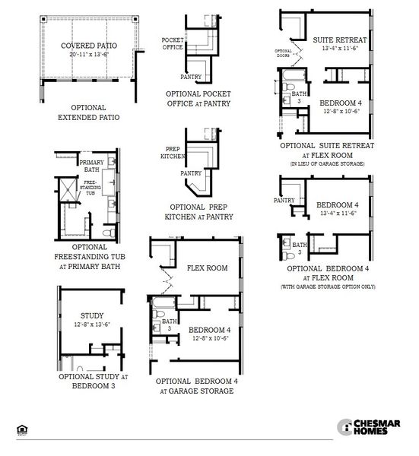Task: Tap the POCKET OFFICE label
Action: tap(173, 43)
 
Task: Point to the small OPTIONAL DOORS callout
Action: tap(283, 53)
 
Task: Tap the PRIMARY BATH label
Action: tap(92, 165)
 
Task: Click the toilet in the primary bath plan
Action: tap(109, 231)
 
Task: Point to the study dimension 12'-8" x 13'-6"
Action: tap(92, 325)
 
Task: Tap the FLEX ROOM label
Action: tap(207, 268)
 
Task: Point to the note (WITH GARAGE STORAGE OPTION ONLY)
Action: tap(328, 287)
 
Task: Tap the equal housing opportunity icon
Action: tap(21, 429)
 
